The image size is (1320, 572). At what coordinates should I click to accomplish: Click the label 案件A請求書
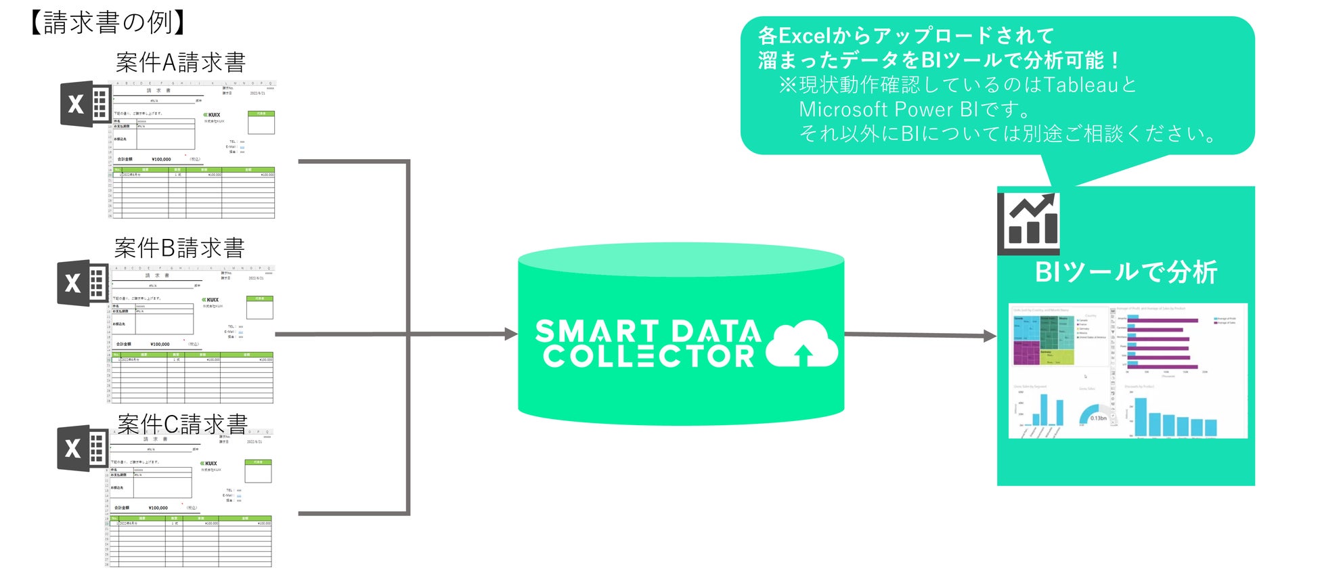[181, 62]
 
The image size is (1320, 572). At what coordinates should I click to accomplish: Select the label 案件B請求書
[179, 248]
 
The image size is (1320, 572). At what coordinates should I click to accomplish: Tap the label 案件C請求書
[183, 424]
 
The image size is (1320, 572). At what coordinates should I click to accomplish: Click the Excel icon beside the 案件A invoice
[85, 104]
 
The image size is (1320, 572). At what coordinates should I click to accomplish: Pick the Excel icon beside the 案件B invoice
[83, 283]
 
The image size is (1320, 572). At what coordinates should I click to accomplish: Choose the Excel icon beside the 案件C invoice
[83, 448]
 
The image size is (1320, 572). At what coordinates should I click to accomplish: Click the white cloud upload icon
[802, 344]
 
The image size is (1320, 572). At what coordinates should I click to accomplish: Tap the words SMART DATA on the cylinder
[648, 331]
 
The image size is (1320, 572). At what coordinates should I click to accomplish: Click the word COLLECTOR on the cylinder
[648, 356]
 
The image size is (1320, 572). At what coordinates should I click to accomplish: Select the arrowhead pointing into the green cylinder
[511, 334]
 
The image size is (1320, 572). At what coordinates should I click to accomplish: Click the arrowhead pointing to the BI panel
[990, 335]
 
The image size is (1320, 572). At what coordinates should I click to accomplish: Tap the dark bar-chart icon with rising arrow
[1029, 222]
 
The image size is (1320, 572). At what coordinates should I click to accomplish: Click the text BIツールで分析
[1126, 272]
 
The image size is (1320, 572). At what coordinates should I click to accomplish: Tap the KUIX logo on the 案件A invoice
[212, 115]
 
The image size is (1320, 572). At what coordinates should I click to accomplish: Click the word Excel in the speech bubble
[804, 35]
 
